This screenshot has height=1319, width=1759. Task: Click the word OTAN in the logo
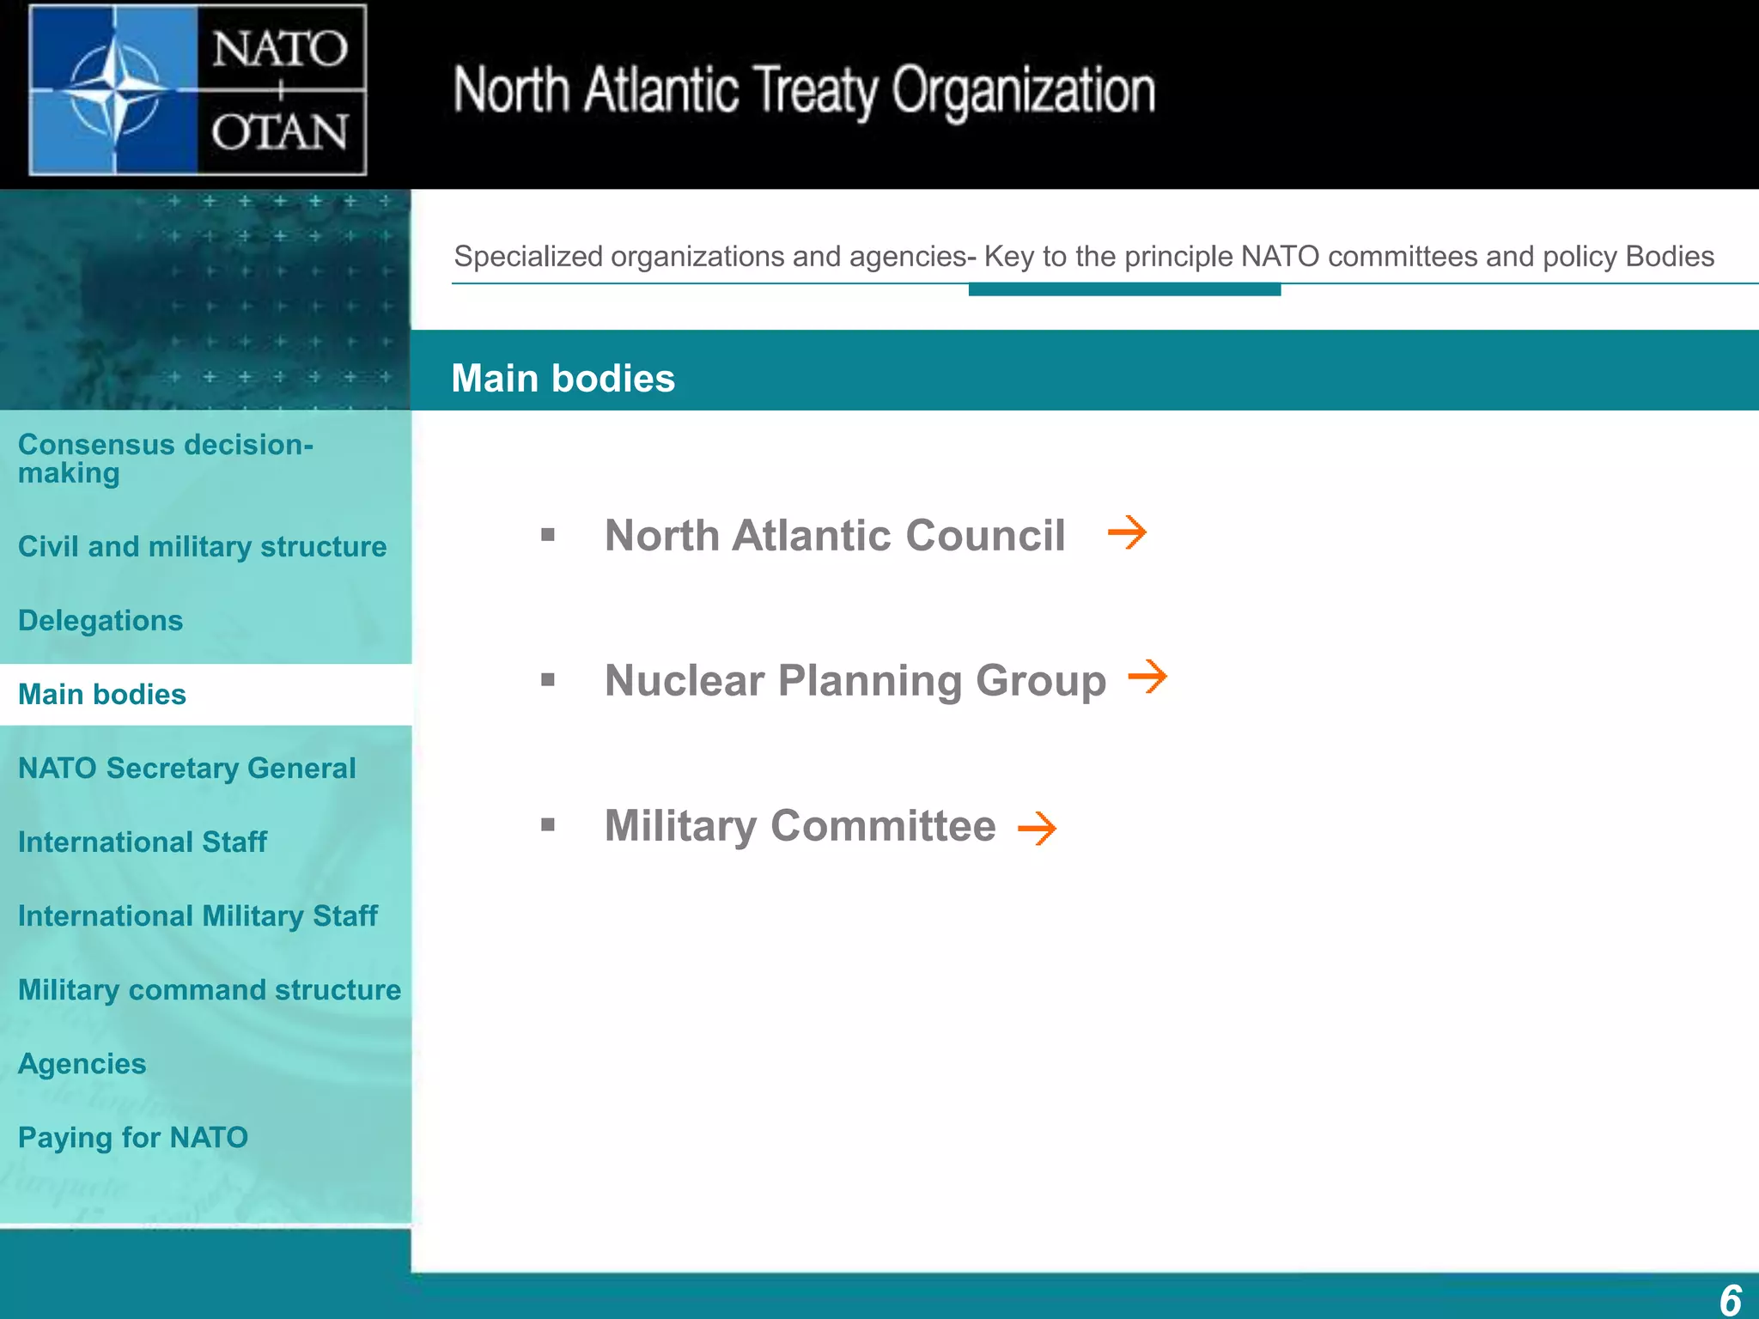point(280,134)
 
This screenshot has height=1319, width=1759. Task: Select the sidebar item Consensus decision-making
point(165,459)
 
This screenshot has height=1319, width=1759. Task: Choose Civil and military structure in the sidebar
point(202,547)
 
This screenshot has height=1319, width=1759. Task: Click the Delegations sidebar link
point(100,621)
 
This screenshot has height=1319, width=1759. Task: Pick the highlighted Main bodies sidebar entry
point(102,695)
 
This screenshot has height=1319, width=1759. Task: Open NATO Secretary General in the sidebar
point(186,769)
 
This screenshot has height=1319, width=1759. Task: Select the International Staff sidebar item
point(142,842)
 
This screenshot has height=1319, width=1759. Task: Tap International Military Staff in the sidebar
point(198,916)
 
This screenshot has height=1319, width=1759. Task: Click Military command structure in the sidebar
point(209,990)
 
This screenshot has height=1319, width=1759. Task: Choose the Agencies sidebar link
point(82,1064)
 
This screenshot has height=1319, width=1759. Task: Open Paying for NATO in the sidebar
point(133,1138)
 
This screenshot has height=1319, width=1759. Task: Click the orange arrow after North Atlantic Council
point(1127,533)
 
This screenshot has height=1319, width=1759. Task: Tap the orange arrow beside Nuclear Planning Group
point(1147,677)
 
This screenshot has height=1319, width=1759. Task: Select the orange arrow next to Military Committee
point(1037,829)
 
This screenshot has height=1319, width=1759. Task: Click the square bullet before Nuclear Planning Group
point(548,680)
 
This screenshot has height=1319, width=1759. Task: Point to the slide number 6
point(1730,1300)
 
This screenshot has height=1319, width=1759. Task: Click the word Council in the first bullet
point(985,536)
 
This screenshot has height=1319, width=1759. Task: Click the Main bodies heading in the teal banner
point(563,379)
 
